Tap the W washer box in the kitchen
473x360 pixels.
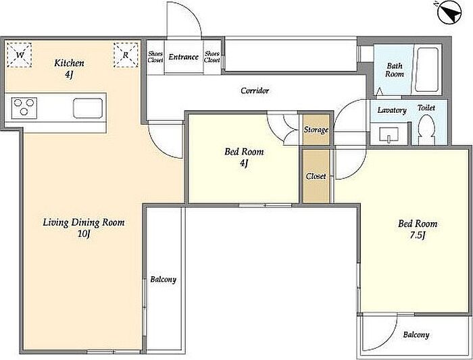[20, 55]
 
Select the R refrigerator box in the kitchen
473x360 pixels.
[126, 55]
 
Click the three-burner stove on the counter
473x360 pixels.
[24, 108]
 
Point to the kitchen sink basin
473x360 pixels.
[88, 108]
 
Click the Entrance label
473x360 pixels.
[183, 57]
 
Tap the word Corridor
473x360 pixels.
[255, 91]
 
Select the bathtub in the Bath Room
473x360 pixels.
[426, 70]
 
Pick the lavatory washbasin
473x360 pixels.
[389, 134]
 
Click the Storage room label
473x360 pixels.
[316, 130]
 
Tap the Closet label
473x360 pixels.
[316, 176]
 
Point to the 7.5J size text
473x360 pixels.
[418, 235]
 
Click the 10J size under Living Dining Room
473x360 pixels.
[84, 234]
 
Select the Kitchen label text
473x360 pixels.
[69, 63]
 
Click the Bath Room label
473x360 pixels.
[395, 70]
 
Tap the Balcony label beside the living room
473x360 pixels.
[164, 280]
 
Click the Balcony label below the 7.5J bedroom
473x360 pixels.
[416, 335]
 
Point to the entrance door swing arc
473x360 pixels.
[194, 15]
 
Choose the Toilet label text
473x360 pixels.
[426, 107]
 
